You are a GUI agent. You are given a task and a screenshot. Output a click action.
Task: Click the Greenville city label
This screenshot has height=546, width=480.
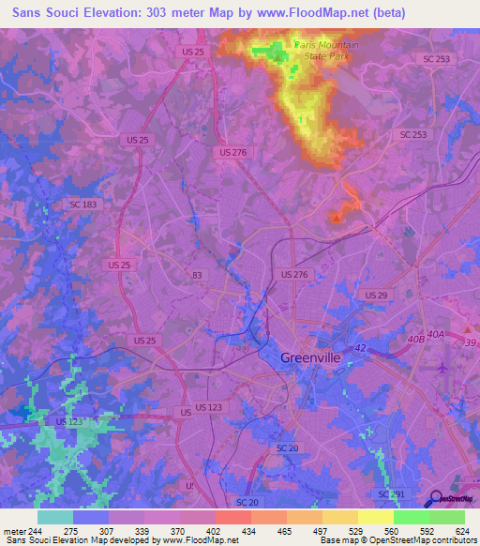click(x=314, y=356)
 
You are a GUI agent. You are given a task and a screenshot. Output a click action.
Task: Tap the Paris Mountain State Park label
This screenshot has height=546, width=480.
click(x=323, y=49)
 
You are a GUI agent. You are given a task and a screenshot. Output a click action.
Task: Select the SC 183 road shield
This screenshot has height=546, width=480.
click(x=82, y=204)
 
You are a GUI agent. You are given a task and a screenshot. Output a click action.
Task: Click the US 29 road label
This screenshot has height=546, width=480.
click(x=376, y=296)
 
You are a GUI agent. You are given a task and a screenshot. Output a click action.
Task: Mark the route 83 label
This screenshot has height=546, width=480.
click(x=196, y=275)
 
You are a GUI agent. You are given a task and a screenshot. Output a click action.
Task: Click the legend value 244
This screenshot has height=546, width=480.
click(x=35, y=531)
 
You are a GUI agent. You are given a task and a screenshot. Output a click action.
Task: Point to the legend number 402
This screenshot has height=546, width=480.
click(x=214, y=531)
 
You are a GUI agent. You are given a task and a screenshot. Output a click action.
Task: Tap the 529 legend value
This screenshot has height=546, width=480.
click(x=357, y=531)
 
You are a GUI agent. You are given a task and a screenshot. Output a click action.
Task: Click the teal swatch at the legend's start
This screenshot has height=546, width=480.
click(x=54, y=517)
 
